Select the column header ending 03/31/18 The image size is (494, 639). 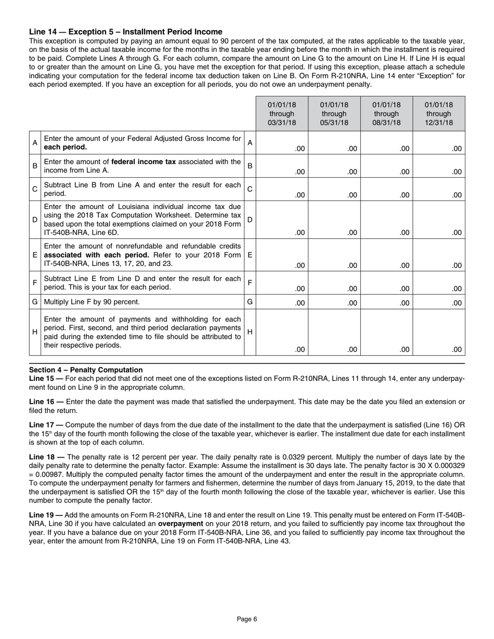[282, 114]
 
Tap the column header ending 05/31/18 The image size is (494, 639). [334, 114]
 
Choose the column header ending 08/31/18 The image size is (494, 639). [386, 114]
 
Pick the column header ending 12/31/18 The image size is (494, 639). [439, 114]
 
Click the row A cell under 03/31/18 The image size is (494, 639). [282, 143]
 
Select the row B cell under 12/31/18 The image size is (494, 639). [439, 166]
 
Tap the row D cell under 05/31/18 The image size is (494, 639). [334, 220]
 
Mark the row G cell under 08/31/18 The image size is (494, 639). [386, 302]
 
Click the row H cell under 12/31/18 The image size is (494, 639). [439, 332]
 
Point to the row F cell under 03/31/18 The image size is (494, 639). [282, 283]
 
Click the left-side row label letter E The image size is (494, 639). [35, 255]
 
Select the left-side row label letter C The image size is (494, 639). [35, 189]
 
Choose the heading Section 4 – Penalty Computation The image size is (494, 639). [86, 370]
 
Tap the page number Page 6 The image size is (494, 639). [247, 619]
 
